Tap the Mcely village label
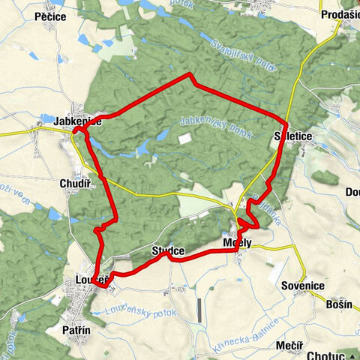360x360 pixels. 236,242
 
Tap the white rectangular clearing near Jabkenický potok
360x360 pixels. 184,139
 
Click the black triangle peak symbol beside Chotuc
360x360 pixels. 351,352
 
